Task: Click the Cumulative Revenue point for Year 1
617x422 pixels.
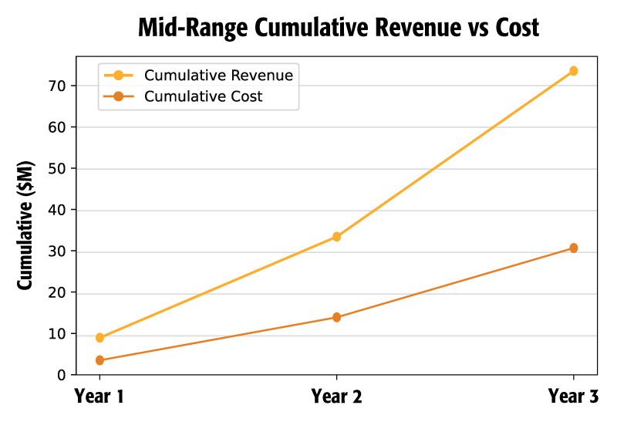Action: point(99,338)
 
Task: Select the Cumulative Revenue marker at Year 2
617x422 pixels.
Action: point(336,237)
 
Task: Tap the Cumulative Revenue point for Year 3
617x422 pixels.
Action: point(573,71)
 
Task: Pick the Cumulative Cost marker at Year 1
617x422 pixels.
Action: point(99,360)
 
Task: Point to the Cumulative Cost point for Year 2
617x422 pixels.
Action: point(336,317)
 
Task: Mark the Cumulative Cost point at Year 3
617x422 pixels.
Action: point(573,248)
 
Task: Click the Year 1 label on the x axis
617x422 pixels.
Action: point(99,397)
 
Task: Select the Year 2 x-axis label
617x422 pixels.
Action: point(336,397)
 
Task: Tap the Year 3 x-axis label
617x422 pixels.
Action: point(573,397)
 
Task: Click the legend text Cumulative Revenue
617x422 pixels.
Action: point(218,76)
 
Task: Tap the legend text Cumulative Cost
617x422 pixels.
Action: point(204,96)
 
